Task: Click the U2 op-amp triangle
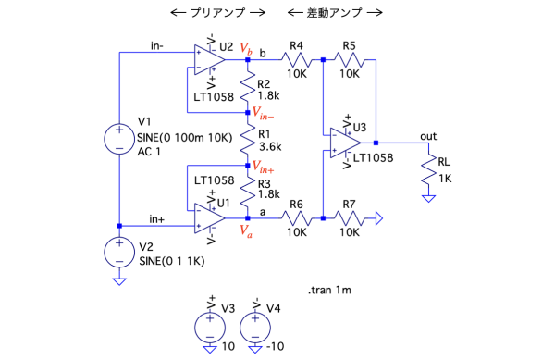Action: [x=209, y=60]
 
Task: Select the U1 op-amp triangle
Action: [x=209, y=218]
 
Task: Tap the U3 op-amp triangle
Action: [x=345, y=143]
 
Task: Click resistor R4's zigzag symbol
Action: [x=297, y=60]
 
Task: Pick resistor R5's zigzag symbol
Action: [x=350, y=60]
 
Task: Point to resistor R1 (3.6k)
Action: [x=248, y=139]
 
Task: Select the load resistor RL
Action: [x=428, y=169]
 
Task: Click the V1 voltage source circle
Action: [x=119, y=139]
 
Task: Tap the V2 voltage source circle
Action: [x=119, y=253]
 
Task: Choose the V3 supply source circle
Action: [x=210, y=328]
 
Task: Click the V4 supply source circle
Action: [x=255, y=328]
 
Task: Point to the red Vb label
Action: [x=246, y=48]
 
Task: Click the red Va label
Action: [x=246, y=230]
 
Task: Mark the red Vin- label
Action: [x=263, y=113]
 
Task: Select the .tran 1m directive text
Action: [x=329, y=291]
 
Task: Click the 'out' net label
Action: [x=428, y=136]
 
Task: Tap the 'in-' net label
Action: [x=157, y=46]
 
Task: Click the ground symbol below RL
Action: [x=428, y=199]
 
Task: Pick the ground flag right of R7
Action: [x=379, y=218]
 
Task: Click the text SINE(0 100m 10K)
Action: [x=185, y=138]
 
